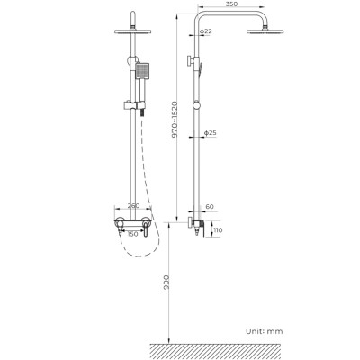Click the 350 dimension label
pos(231,5)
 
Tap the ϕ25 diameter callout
pos(209,133)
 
